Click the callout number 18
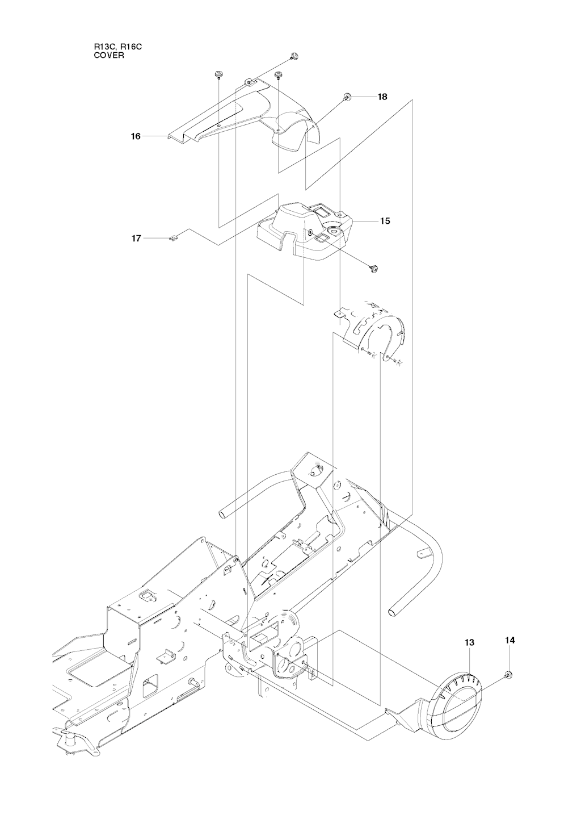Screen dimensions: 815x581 382,97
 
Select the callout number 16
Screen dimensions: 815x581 136,136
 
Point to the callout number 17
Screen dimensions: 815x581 136,239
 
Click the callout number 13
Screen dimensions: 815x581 469,642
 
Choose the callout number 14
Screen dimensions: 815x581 510,640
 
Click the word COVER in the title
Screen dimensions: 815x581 106,56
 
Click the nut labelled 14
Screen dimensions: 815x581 508,674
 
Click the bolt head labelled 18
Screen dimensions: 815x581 348,97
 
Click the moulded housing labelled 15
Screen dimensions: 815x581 306,233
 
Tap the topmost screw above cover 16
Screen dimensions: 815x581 293,56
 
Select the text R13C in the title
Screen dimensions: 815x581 105,48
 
